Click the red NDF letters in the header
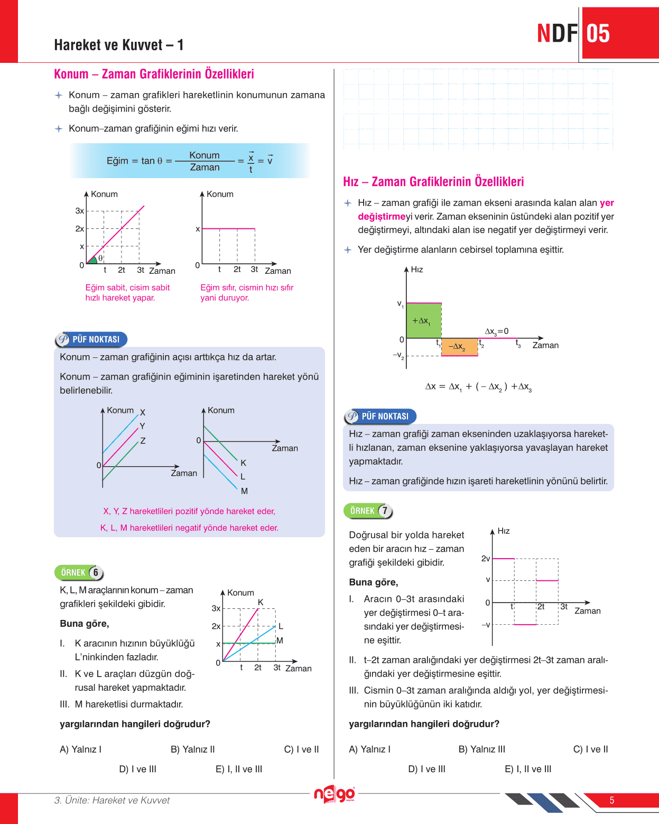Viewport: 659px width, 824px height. coord(557,33)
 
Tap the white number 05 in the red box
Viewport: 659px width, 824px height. coord(598,33)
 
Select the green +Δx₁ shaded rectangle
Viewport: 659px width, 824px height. coord(424,320)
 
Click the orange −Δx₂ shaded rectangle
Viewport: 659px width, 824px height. coord(459,347)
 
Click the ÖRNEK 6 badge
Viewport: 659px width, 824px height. coord(79,572)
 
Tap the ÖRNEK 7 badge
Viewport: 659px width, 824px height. coord(368,511)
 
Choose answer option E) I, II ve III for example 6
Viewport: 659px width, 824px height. coord(239,769)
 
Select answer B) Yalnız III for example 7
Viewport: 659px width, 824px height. coord(482,749)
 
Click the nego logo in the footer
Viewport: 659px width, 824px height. coord(335,794)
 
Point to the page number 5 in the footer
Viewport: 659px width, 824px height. coord(612,800)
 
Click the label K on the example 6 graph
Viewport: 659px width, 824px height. coord(261,602)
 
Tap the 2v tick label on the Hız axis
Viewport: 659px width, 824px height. coord(486,558)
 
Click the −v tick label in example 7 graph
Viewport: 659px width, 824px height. coord(486,625)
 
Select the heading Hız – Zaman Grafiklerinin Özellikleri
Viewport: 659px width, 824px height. coord(433,182)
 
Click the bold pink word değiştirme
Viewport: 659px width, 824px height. coord(381,216)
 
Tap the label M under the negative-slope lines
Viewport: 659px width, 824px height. coord(244,491)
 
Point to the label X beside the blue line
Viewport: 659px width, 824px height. coord(143,412)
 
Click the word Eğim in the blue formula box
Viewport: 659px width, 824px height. coord(117,161)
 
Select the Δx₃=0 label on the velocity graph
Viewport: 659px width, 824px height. coord(497,331)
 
